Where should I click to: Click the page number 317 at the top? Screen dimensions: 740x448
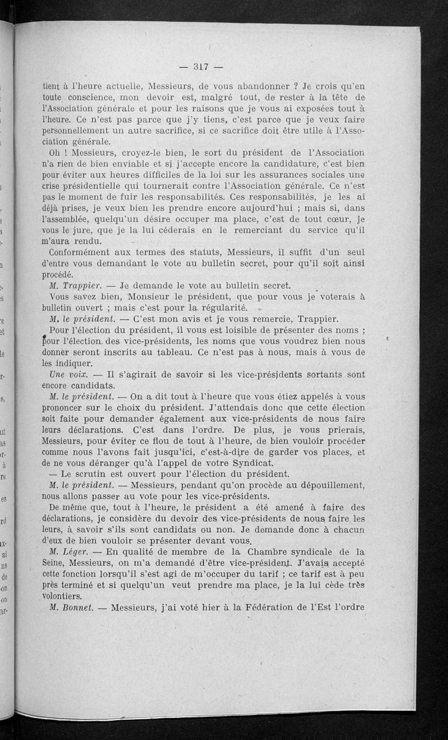200,67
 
